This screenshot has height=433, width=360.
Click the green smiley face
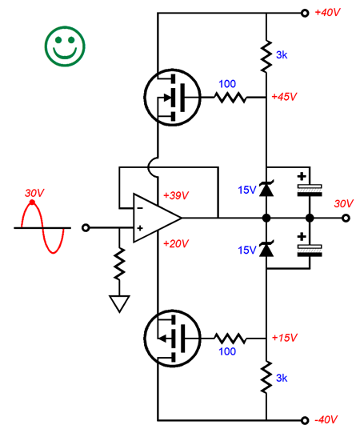pos(65,46)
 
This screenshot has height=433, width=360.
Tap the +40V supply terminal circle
pos(305,13)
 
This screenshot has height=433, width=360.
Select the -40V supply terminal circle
pos(305,420)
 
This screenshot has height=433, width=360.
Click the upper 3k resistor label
pos(282,55)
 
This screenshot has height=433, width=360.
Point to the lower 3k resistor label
pos(282,378)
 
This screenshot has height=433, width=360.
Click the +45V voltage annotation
pos(284,97)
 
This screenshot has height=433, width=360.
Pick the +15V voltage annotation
pos(284,338)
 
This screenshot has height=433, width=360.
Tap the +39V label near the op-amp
pos(176,195)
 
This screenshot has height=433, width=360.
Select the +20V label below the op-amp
pos(176,243)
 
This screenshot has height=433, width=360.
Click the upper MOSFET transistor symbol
pos(172,97)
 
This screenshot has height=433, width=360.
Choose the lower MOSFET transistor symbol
pos(172,338)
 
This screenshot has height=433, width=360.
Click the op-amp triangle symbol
pos(157,219)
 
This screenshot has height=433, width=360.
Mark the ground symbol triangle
pos(119,304)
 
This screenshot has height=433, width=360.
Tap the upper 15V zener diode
pos(266,189)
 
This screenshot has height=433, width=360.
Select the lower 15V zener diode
pos(266,249)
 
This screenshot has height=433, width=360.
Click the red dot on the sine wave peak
pos(32,202)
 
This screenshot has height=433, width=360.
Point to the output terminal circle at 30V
pos(346,219)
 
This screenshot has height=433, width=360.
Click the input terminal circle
pos(86,228)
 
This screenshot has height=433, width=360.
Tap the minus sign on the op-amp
pos(140,208)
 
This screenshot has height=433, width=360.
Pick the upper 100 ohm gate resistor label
pos(227,84)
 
